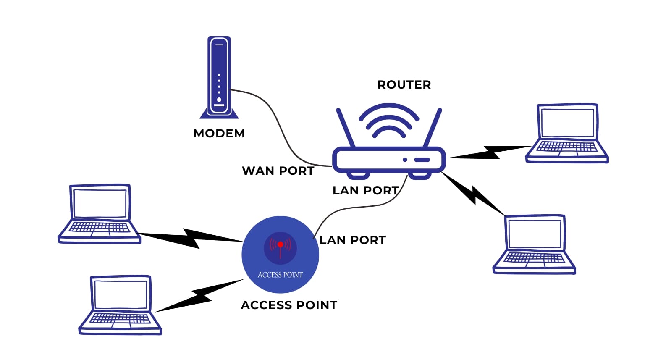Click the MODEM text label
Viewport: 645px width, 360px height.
point(219,133)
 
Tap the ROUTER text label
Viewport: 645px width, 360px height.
point(404,85)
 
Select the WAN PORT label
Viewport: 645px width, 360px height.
point(278,171)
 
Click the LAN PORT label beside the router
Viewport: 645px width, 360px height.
point(365,191)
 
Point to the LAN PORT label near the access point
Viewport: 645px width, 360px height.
point(352,240)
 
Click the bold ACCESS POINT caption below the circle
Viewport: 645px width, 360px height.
point(289,305)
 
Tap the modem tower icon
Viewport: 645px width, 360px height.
point(219,76)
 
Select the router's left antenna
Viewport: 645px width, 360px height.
point(346,127)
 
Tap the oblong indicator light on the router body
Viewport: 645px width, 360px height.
point(422,160)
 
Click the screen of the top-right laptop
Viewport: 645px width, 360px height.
point(567,122)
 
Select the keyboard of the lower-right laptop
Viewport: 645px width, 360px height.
point(534,258)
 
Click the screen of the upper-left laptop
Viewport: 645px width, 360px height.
point(100,203)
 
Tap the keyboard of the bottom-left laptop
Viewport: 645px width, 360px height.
point(120,318)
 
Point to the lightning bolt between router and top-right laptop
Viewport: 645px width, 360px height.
point(490,152)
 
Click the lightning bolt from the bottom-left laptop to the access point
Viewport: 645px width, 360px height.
point(199,296)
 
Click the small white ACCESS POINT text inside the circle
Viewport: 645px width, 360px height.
point(280,275)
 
